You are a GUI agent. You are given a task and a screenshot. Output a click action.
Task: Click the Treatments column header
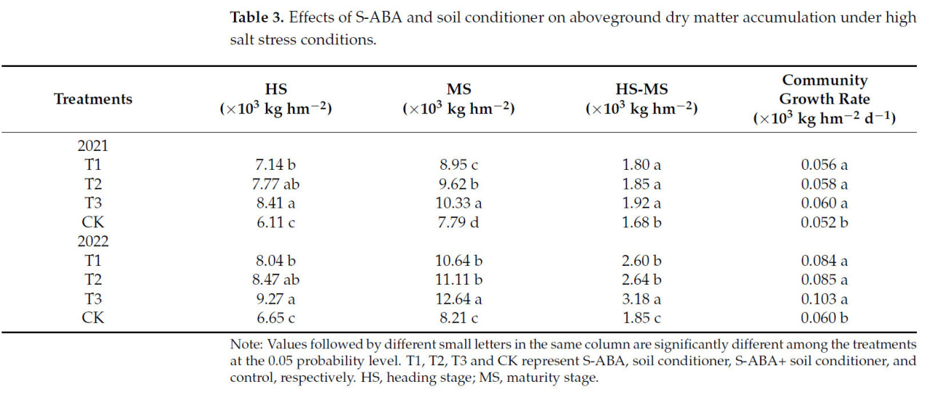(93, 99)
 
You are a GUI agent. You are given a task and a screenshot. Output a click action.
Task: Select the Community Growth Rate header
(824, 99)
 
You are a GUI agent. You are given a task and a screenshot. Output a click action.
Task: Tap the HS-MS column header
(642, 99)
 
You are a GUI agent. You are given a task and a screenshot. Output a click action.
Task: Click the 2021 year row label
(92, 145)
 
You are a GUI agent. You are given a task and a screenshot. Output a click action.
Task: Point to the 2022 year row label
(92, 241)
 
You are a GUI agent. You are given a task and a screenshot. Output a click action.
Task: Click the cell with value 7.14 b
(276, 165)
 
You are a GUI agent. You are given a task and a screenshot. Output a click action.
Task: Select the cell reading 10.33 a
(458, 203)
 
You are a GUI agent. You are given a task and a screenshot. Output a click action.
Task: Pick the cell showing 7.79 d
(458, 221)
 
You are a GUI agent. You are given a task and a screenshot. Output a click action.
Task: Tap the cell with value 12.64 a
(458, 298)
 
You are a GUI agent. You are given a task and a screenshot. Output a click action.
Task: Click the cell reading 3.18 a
(642, 298)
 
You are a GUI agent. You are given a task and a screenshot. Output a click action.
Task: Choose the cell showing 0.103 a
(824, 298)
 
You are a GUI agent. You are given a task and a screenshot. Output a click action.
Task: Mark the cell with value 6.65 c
(276, 317)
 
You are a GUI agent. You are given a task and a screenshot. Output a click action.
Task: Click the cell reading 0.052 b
(824, 221)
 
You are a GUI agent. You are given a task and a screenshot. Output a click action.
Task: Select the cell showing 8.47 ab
(276, 280)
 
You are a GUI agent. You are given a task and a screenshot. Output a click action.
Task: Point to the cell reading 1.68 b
(642, 221)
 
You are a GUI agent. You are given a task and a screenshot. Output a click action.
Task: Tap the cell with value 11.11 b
(458, 280)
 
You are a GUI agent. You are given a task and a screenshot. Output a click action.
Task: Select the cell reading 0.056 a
(824, 165)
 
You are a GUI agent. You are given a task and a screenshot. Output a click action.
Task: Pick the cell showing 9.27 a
(276, 298)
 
